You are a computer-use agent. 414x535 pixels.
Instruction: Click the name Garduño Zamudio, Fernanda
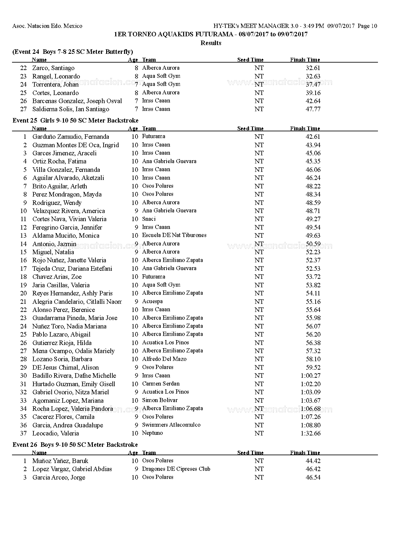pyautogui.click(x=70, y=137)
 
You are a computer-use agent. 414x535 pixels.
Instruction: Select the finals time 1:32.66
pyautogui.click(x=310, y=434)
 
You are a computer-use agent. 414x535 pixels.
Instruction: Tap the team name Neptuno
pyautogui.click(x=152, y=433)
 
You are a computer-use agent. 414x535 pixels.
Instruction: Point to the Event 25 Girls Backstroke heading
pyautogui.click(x=75, y=121)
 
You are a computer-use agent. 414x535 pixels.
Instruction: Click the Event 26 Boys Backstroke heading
pyautogui.click(x=75, y=445)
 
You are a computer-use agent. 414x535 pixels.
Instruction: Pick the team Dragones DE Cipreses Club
pyautogui.click(x=176, y=469)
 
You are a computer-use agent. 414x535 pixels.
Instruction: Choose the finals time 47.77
pyautogui.click(x=313, y=109)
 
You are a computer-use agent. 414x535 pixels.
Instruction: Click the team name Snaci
pyautogui.click(x=149, y=219)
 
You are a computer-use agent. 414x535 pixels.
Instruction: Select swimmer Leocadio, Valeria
pyautogui.click(x=56, y=434)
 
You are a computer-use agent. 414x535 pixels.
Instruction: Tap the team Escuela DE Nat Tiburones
pyautogui.click(x=174, y=235)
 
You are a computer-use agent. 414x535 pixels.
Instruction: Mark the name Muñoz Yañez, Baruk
pyautogui.click(x=60, y=461)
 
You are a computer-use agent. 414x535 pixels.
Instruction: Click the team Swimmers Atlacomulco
pyautogui.click(x=171, y=425)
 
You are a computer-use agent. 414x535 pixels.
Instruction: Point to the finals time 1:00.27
pyautogui.click(x=310, y=376)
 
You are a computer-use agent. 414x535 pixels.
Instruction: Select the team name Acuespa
pyautogui.click(x=152, y=302)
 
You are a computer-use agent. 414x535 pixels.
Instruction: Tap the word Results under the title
pyautogui.click(x=211, y=43)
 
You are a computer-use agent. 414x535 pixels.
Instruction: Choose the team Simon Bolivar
pyautogui.click(x=160, y=400)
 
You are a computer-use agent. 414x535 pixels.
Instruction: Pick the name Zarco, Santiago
pyautogui.click(x=53, y=68)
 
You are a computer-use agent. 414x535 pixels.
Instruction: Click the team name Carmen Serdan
pyautogui.click(x=161, y=384)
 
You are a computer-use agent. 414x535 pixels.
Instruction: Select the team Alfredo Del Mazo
pyautogui.click(x=164, y=359)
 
